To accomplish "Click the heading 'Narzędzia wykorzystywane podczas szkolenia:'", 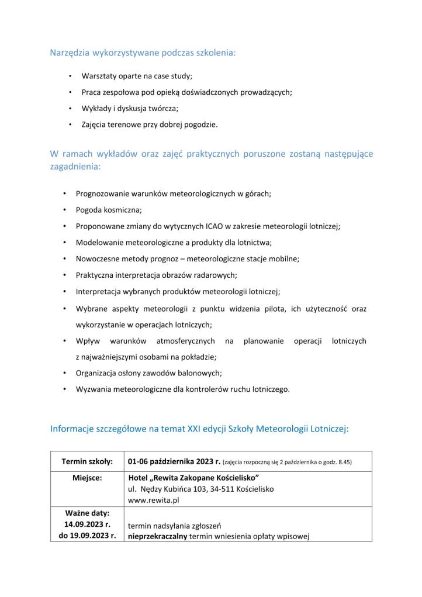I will coord(143,53).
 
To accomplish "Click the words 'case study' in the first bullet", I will coord(173,77).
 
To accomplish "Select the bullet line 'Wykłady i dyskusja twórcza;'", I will coord(130,108).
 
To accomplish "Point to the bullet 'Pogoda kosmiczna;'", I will coord(109,209).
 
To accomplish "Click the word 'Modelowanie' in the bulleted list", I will coord(99,241).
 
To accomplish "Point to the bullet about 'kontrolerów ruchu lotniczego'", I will coord(182,389).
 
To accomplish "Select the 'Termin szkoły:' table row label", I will coord(87,461).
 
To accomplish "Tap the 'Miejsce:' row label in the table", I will coord(87,477).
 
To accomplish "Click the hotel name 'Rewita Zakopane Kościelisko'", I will coord(197,478).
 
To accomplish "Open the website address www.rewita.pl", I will coord(153,501).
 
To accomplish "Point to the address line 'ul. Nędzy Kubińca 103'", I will coord(171,489).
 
